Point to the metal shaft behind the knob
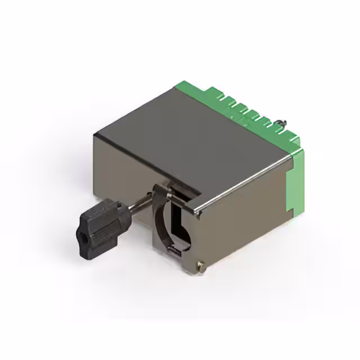pyautogui.click(x=137, y=202)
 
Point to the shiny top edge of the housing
pyautogui.click(x=247, y=186)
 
